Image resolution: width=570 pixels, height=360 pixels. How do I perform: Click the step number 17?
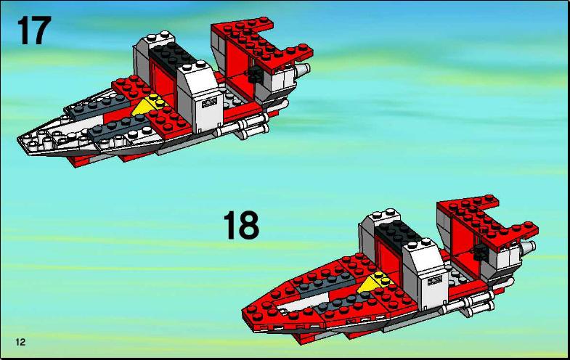click(34, 30)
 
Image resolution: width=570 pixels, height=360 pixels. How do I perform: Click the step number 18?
click(241, 225)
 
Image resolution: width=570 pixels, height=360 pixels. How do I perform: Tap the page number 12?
click(21, 342)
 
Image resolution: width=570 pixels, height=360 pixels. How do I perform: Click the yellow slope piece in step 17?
click(147, 105)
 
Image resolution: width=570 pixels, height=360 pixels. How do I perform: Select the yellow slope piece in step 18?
click(372, 282)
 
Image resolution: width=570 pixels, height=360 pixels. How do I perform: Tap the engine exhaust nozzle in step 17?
click(303, 70)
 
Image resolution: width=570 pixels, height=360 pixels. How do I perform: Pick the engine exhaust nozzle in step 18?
click(528, 247)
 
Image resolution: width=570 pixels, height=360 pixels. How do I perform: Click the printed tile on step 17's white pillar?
click(209, 103)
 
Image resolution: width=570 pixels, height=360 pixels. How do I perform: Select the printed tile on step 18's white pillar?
click(435, 280)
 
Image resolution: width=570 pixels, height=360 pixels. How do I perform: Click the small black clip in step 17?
click(256, 74)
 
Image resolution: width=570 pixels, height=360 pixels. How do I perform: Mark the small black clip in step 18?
click(481, 252)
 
